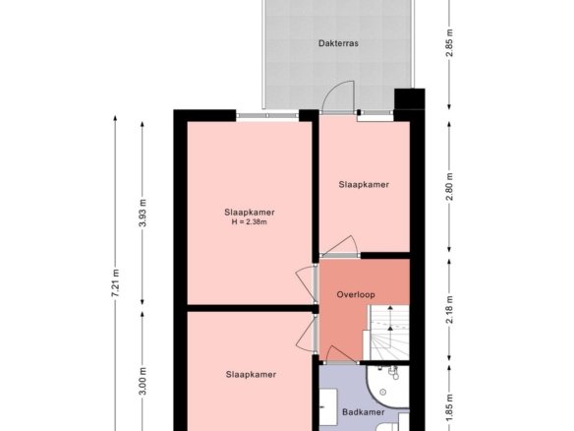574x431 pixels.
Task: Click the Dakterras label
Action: click(x=338, y=43)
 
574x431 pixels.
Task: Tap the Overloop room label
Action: click(x=356, y=294)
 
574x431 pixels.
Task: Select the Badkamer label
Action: click(x=363, y=412)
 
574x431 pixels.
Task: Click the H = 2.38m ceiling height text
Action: click(x=249, y=221)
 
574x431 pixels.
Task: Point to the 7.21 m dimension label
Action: click(x=116, y=283)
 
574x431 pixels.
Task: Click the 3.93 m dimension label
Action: click(x=143, y=213)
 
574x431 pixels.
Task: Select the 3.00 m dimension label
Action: click(x=143, y=381)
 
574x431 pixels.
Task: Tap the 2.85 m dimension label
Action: click(x=449, y=43)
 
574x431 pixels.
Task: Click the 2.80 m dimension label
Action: click(x=449, y=187)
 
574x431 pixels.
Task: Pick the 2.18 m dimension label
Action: click(x=449, y=310)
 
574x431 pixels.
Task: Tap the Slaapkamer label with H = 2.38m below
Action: click(x=250, y=213)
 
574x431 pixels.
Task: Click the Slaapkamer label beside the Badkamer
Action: click(x=251, y=375)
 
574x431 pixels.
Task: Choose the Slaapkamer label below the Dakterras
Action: click(x=364, y=185)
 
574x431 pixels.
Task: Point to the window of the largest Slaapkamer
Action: click(x=267, y=115)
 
